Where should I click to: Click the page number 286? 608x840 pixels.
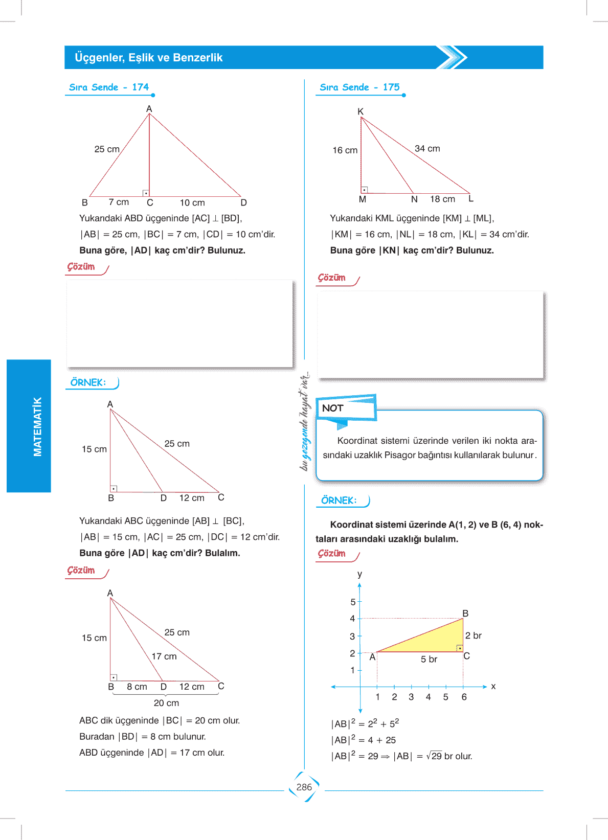304,787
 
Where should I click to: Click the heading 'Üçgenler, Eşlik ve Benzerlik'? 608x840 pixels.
148,57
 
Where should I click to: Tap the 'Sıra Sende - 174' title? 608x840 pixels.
109,87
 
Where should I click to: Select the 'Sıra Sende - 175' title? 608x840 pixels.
359,87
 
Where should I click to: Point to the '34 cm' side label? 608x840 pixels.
427,148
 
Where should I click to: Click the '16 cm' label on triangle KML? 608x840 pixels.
345,150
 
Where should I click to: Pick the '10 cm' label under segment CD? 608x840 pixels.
192,203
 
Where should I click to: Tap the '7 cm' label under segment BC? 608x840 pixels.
119,202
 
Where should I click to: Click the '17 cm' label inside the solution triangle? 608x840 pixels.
164,656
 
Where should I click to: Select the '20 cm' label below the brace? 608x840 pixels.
166,703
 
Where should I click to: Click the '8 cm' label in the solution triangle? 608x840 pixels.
137,687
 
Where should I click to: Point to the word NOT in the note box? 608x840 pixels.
332,408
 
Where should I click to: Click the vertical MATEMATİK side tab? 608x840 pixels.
37,426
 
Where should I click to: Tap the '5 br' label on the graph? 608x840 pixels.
429,660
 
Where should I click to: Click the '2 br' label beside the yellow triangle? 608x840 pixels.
473,635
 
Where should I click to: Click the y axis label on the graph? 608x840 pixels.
359,574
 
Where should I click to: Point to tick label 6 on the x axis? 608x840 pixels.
464,697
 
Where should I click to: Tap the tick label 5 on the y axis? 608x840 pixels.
353,602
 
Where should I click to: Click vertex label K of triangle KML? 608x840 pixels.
361,111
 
